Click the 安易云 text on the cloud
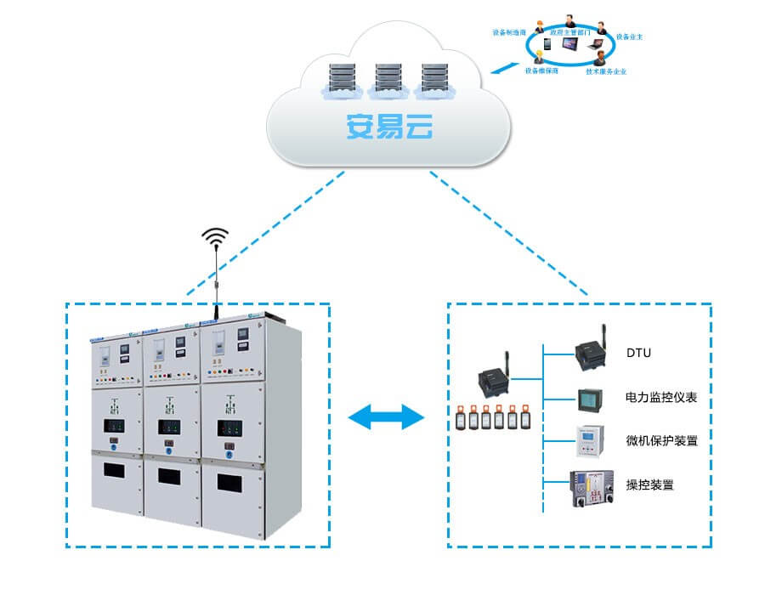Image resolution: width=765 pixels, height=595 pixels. (388, 127)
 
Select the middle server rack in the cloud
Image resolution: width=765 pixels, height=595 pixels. (387, 79)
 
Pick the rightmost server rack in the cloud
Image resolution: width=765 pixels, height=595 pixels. (433, 79)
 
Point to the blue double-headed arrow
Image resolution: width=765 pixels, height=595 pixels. (387, 416)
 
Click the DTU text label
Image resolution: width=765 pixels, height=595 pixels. (638, 353)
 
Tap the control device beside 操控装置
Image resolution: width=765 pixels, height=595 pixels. (590, 489)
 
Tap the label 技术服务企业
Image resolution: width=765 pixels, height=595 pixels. (606, 71)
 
